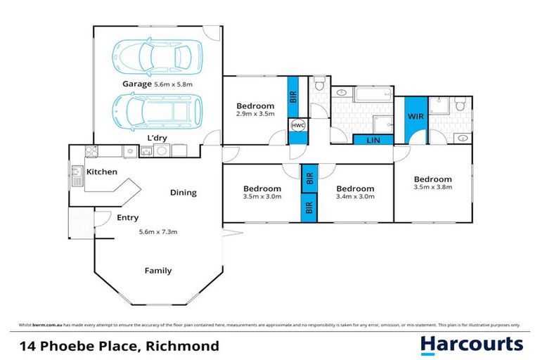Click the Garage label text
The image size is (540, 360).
tap(137, 84)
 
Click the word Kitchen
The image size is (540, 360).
tap(101, 172)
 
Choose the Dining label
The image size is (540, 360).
tap(184, 193)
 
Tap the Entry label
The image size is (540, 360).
tap(127, 218)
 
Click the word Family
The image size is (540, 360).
tap(157, 271)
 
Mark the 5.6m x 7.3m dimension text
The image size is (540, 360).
tap(157, 232)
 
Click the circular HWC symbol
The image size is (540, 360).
tap(297, 127)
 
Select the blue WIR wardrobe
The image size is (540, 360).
tap(415, 117)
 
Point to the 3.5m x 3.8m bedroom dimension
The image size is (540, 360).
tap(432, 187)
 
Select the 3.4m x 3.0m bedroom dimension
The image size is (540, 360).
tap(355, 197)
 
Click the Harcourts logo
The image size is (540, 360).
tap(471, 344)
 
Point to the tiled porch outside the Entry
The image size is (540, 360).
tap(81, 223)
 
